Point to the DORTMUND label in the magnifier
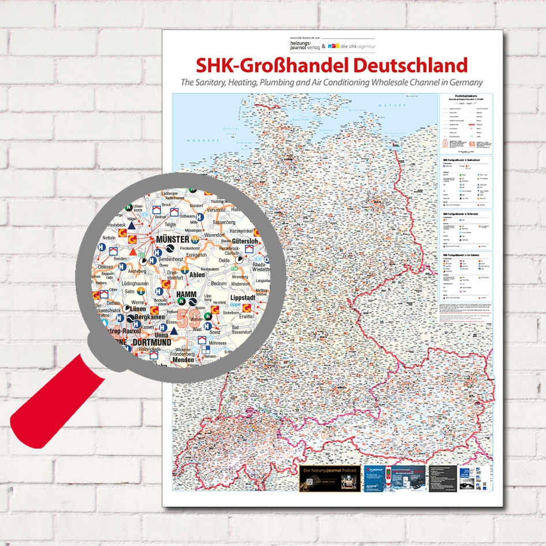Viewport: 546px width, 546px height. pyautogui.click(x=151, y=342)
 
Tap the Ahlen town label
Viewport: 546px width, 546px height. pyautogui.click(x=198, y=275)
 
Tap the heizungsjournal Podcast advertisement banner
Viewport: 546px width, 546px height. pyautogui.click(x=329, y=478)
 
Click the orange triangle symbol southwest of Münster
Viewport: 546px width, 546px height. pyautogui.click(x=134, y=252)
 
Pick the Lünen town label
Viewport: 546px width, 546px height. pyautogui.click(x=138, y=309)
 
